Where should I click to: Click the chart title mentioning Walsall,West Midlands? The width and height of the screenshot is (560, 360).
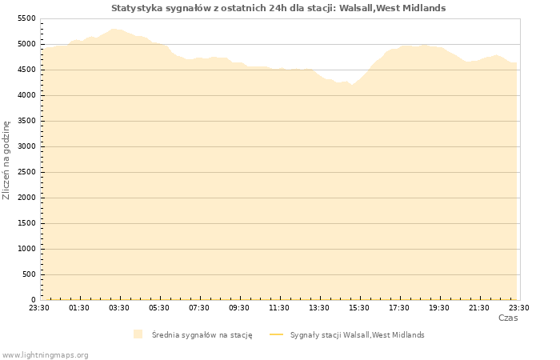pos(278,8)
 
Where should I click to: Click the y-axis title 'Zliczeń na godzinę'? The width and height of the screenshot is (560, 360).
pos(6,159)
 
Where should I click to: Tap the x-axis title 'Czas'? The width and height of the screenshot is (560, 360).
pos(507,318)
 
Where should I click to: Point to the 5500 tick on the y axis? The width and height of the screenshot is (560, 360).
pos(26,18)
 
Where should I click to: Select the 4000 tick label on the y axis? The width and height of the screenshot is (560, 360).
pos(26,95)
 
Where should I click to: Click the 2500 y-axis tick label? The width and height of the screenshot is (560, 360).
pos(26,172)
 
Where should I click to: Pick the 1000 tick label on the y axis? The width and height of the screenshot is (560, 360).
pos(26,249)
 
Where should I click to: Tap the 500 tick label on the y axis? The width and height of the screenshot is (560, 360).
pos(29,274)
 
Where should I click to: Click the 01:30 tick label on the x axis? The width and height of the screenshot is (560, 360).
pos(79,308)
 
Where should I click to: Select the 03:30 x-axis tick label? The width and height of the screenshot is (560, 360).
pos(119,308)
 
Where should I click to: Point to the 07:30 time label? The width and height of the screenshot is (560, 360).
pos(199,308)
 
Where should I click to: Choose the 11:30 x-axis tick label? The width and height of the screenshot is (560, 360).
pos(279,308)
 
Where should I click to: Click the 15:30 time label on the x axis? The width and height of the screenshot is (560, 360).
pos(359,308)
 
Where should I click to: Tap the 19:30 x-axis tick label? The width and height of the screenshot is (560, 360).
pos(439,308)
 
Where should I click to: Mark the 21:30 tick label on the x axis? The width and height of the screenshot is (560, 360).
pos(479,308)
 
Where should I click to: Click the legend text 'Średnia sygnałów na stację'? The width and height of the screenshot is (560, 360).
pos(202,335)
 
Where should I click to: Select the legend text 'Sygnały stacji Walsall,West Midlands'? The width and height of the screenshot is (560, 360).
pos(357,335)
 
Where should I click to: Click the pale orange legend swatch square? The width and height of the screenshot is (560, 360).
pos(138,334)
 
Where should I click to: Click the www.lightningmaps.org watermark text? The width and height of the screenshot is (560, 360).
pos(46,354)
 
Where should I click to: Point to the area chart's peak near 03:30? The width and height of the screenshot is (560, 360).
pos(114,30)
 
